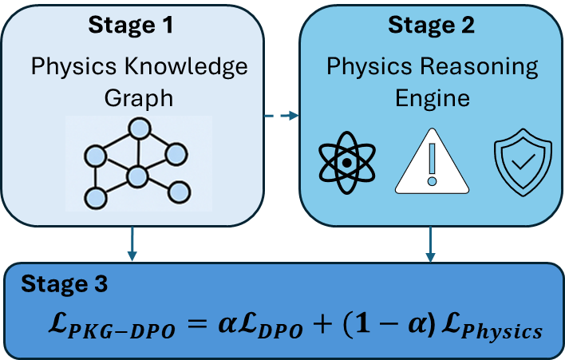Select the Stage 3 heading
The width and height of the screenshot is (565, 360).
65,283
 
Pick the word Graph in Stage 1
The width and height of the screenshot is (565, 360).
139,97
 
